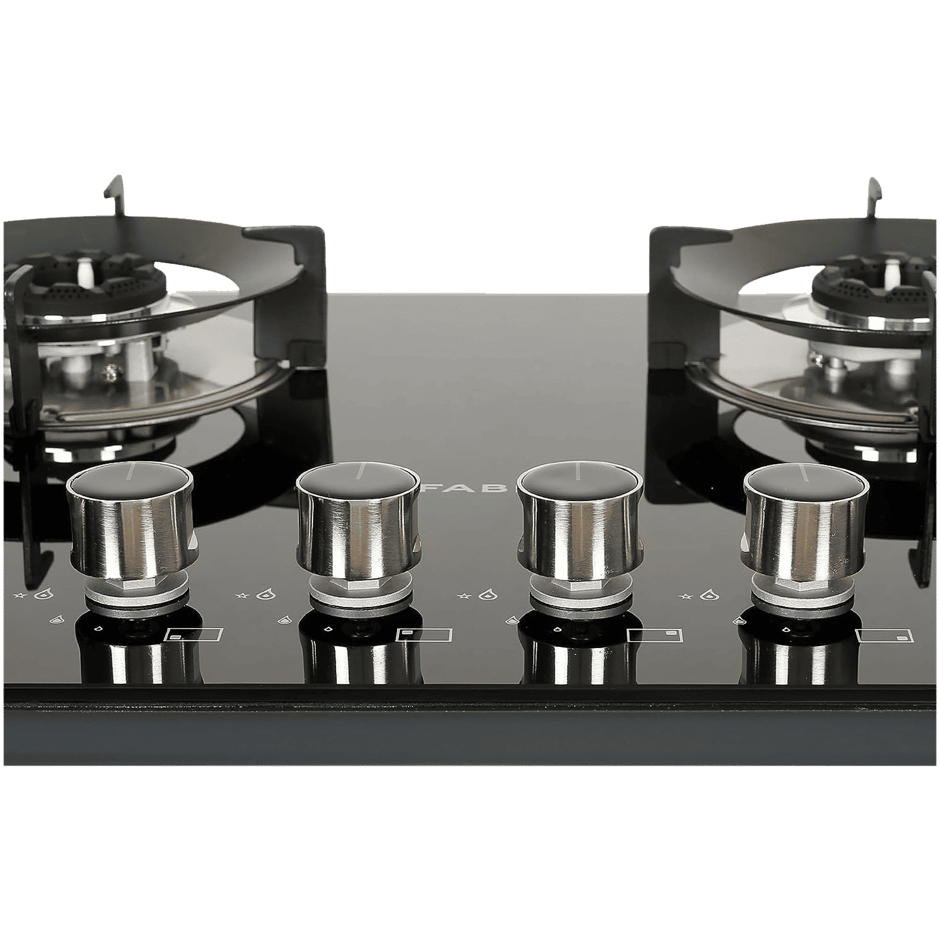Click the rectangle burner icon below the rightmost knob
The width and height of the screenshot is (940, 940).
[x=885, y=635]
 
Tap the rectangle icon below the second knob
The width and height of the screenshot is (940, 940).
[x=424, y=635]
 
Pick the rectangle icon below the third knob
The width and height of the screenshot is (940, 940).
[x=654, y=635]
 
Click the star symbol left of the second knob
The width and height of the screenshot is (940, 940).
[x=240, y=597]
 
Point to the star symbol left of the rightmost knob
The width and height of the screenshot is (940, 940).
[x=684, y=597]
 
